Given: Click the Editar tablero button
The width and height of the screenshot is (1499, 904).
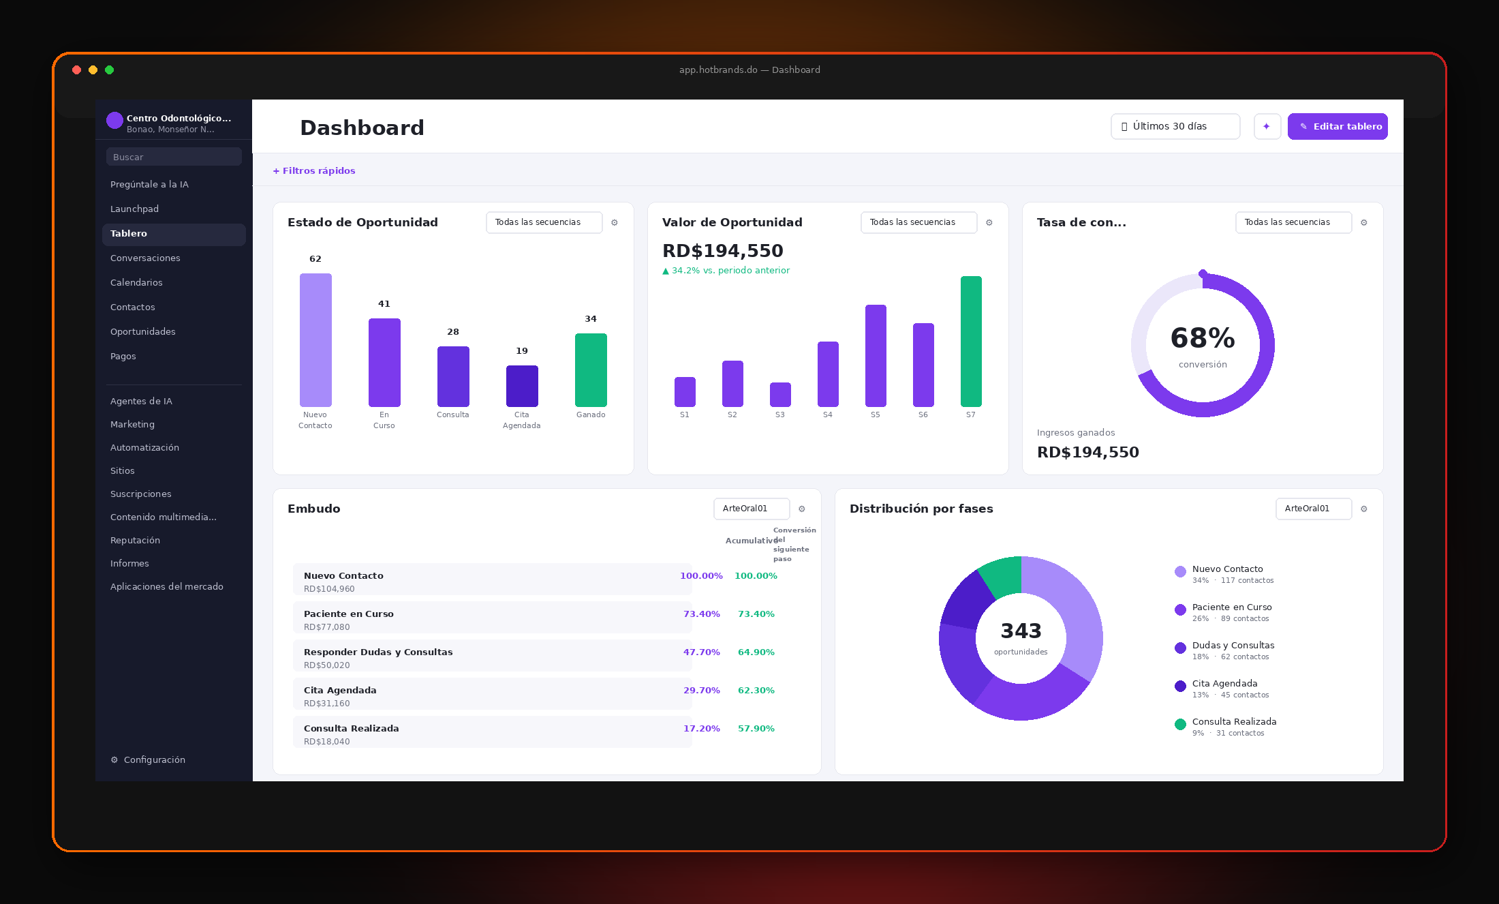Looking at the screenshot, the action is [1338, 126].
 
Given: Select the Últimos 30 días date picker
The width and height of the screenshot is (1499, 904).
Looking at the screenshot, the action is [1175, 126].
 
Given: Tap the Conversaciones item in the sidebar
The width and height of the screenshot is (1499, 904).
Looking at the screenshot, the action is [145, 258].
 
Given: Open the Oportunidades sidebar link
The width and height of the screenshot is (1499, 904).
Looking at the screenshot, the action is [143, 331].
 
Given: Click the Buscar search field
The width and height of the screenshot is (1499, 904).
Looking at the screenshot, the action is [174, 157].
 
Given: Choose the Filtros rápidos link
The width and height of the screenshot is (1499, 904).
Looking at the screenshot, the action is [314, 170].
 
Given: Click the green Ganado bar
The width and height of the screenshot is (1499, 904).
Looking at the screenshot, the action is [591, 370].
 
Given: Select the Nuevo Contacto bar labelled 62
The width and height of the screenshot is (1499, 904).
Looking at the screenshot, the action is [315, 340].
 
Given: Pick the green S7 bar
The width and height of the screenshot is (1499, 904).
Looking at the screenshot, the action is [971, 342].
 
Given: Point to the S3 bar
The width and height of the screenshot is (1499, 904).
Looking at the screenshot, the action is [780, 395].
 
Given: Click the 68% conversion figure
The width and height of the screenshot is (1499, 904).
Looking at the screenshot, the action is [1203, 338].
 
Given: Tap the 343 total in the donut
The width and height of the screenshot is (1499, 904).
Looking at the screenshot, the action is [1021, 631].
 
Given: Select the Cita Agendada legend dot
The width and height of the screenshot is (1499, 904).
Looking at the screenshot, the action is [1180, 686].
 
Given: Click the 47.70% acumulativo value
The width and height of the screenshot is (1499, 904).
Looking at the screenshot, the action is [701, 652].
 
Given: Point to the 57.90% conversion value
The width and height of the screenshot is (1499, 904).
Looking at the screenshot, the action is [756, 729].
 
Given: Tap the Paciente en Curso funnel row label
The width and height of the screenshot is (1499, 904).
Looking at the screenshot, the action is [349, 614].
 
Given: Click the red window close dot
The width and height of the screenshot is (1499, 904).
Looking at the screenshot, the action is [77, 70].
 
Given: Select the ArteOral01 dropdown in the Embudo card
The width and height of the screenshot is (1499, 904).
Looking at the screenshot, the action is [752, 509].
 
